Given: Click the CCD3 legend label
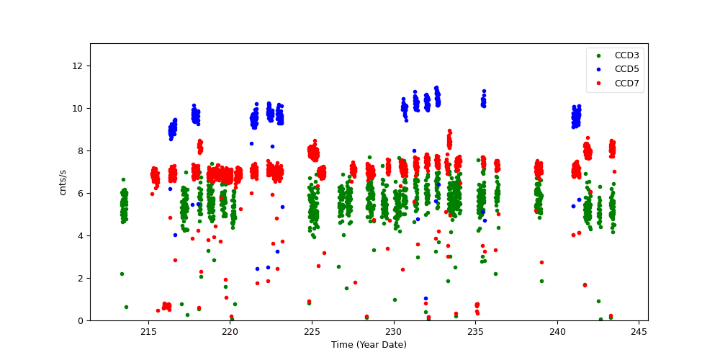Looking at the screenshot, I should (x=626, y=55).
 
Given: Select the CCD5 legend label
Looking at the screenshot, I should (x=626, y=69).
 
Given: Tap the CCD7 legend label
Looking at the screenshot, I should (x=626, y=84).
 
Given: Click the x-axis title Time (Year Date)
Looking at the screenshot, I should (x=369, y=345).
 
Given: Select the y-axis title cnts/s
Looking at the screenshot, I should (x=63, y=182).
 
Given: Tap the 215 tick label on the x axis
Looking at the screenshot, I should (x=148, y=332).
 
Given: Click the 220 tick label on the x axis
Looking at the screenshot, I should (x=230, y=332).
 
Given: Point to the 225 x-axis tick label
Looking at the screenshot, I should (x=312, y=332).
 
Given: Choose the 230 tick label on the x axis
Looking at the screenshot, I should (x=394, y=332).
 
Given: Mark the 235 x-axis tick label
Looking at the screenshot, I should (x=475, y=332).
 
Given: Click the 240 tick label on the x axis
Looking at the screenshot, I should (x=557, y=332).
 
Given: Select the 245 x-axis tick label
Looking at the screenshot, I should (x=639, y=332).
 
